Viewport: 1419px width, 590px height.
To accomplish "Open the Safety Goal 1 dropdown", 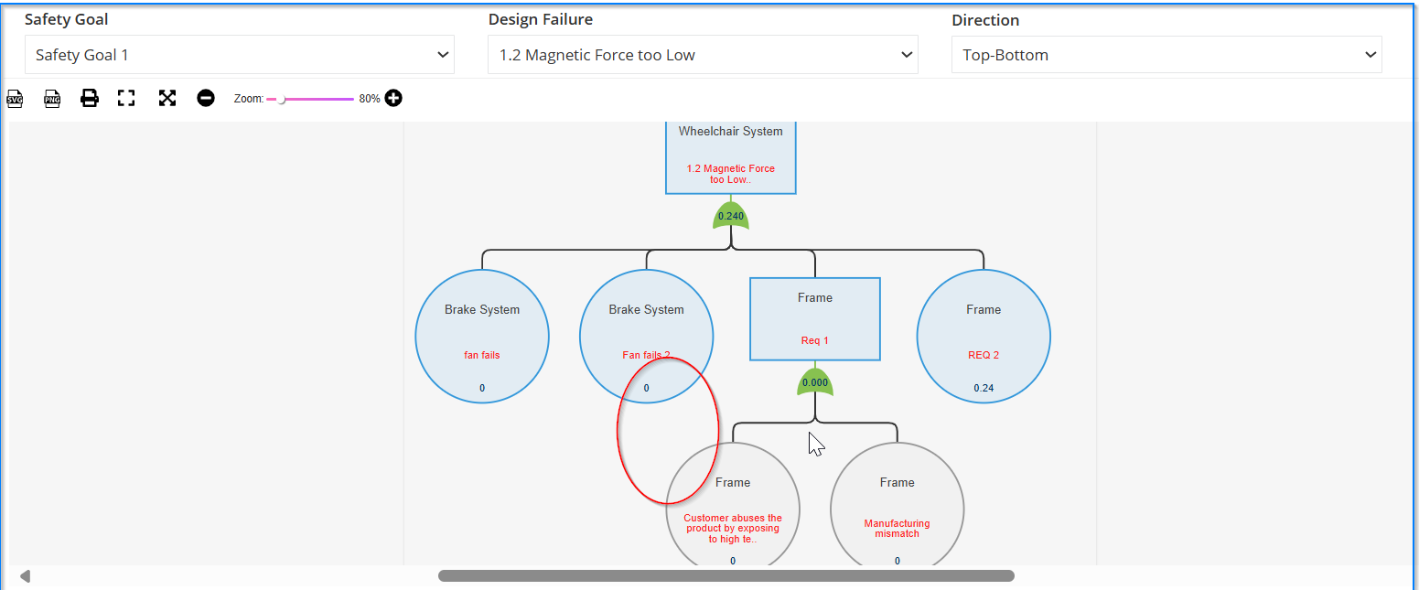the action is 239,55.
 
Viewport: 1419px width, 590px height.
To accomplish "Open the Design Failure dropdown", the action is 703,55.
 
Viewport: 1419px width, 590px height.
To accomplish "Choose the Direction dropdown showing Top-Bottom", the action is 1166,55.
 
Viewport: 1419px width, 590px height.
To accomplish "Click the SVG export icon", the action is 15,99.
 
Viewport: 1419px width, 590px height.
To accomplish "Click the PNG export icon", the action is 52,99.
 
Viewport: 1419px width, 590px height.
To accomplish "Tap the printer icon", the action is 90,98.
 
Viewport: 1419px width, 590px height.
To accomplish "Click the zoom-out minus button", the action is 205,98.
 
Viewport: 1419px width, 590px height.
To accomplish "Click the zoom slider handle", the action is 281,100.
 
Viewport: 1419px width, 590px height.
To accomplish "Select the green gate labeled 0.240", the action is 730,216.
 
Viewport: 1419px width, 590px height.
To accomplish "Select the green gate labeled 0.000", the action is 814,382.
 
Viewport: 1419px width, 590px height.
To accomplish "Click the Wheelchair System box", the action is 730,157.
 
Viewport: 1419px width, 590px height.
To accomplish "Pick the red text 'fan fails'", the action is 481,355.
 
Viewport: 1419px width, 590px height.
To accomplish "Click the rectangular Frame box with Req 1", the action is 814,319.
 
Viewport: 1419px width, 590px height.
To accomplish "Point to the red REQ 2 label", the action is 984,355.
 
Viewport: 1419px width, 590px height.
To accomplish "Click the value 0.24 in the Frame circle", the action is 984,388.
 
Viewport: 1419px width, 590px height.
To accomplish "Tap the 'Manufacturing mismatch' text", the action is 897,529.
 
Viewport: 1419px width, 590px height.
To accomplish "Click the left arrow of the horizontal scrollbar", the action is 26,576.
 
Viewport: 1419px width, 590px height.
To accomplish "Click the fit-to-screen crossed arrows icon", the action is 167,98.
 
